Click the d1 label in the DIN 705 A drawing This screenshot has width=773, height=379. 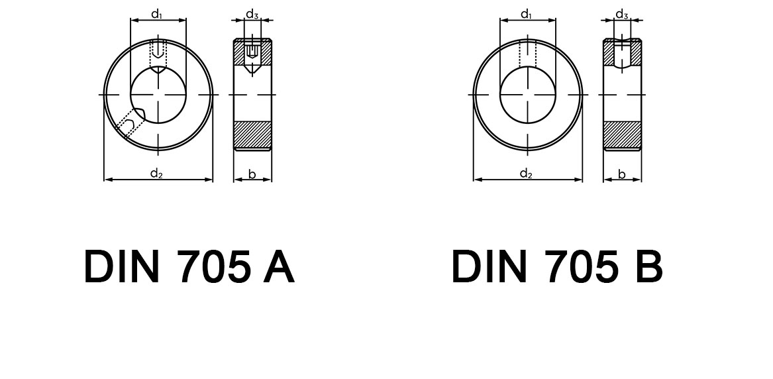point(158,14)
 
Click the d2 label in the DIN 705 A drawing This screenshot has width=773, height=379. point(156,174)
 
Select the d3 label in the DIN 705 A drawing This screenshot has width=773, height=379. point(252,14)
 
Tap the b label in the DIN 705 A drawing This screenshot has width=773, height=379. point(252,174)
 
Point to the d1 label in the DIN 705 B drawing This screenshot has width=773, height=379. point(527,14)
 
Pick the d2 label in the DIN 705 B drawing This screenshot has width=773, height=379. point(526,174)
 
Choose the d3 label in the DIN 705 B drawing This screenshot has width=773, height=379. point(621,14)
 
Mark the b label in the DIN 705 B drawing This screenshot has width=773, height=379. point(621,174)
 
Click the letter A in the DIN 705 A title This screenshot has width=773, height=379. point(278,267)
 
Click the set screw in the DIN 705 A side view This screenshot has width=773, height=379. point(252,53)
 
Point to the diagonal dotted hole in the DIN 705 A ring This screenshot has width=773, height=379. point(130,125)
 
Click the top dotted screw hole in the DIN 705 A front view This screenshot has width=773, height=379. point(158,54)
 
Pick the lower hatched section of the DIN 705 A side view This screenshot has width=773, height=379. point(252,135)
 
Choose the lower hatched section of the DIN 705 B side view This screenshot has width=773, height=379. point(622,135)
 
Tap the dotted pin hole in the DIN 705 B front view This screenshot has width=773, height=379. point(527,53)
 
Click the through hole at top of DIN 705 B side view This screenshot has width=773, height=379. point(622,53)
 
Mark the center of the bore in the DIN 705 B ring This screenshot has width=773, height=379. point(527,95)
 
